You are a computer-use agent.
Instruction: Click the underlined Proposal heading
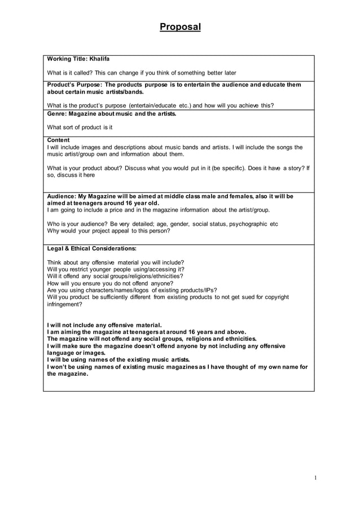tap(180, 27)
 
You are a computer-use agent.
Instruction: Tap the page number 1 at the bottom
tap(316, 478)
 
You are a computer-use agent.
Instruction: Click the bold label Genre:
tap(57, 113)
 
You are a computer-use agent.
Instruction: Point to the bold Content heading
tap(58, 140)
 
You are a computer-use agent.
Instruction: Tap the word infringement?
tap(64, 304)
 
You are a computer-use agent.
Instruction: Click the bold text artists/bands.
tap(122, 91)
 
